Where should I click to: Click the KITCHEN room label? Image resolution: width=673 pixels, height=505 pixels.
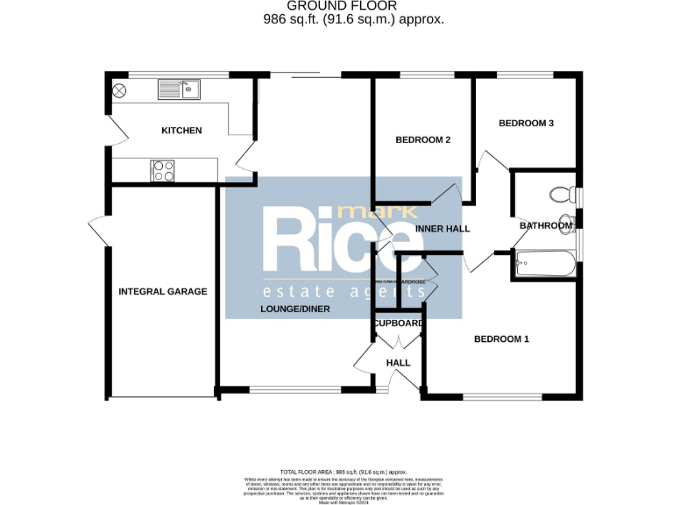pos(181,131)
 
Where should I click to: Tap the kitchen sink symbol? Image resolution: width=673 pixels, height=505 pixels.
pos(179,89)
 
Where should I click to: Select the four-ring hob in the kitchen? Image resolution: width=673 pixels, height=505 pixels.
pos(163,170)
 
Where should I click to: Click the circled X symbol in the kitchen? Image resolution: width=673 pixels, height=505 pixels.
pos(120,89)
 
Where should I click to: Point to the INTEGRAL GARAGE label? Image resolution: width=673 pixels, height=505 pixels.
pos(163,291)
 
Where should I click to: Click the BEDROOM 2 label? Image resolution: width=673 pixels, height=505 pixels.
pos(422,140)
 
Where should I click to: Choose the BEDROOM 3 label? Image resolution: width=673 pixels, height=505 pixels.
pos(526,124)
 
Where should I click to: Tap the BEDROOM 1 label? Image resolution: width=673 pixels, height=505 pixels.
pos(501,339)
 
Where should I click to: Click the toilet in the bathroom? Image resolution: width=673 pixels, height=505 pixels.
pos(559,195)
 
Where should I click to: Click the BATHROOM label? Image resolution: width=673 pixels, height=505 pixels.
pos(545,226)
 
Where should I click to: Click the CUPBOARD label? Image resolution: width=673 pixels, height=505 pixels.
pos(400,323)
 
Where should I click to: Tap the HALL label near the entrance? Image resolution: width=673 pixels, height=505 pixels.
pos(398,362)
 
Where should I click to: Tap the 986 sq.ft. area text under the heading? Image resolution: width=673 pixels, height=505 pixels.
pos(353,18)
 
